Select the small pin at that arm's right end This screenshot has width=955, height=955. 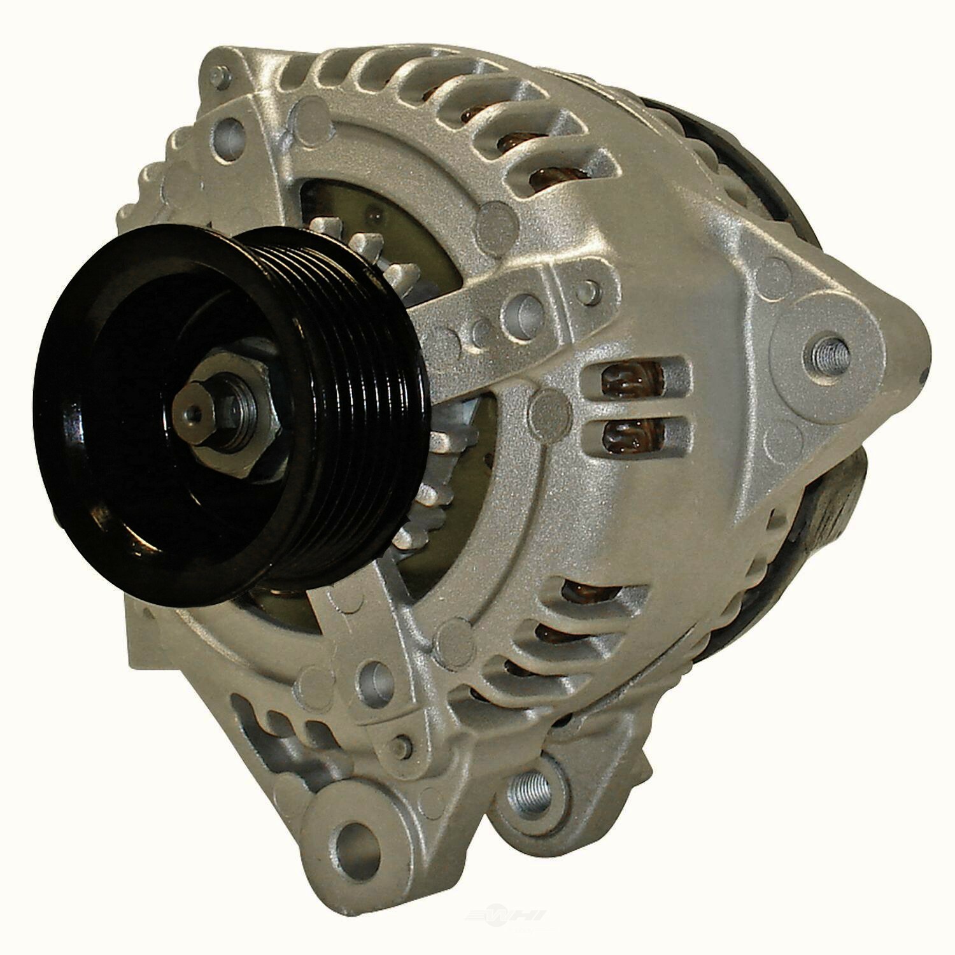click(593, 290)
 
